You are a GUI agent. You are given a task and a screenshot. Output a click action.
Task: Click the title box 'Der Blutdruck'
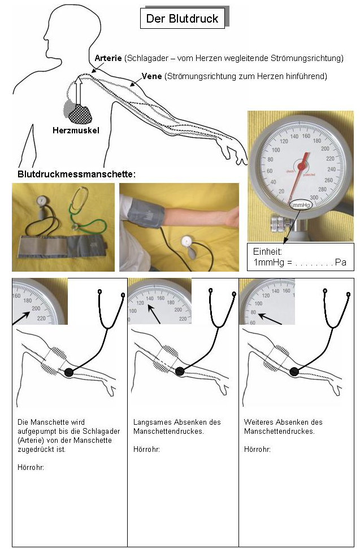[x=182, y=19]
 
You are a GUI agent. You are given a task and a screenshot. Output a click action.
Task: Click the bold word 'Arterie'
[x=108, y=58]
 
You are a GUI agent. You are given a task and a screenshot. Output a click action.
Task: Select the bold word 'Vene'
[x=151, y=76]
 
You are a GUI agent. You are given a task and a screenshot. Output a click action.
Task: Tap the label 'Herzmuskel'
[x=76, y=130]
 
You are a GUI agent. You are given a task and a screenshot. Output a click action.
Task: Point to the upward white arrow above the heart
[x=79, y=91]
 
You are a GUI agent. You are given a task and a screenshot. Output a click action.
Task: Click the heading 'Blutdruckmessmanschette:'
[x=76, y=174]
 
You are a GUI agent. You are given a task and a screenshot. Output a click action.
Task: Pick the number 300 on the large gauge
[x=314, y=198]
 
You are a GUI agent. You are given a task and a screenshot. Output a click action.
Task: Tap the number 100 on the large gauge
[x=276, y=150]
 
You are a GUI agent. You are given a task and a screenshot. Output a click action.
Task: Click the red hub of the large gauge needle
[x=302, y=166]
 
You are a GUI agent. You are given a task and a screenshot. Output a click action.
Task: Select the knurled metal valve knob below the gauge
[x=279, y=224]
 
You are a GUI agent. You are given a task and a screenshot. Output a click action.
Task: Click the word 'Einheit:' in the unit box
[x=267, y=251]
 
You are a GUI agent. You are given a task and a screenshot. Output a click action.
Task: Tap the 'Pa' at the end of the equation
[x=340, y=262]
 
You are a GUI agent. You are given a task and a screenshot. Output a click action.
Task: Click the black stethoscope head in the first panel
[x=69, y=372]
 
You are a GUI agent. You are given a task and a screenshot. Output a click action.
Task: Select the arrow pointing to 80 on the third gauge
[x=270, y=319]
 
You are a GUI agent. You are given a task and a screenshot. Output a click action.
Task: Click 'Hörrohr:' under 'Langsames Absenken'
[x=146, y=449]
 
